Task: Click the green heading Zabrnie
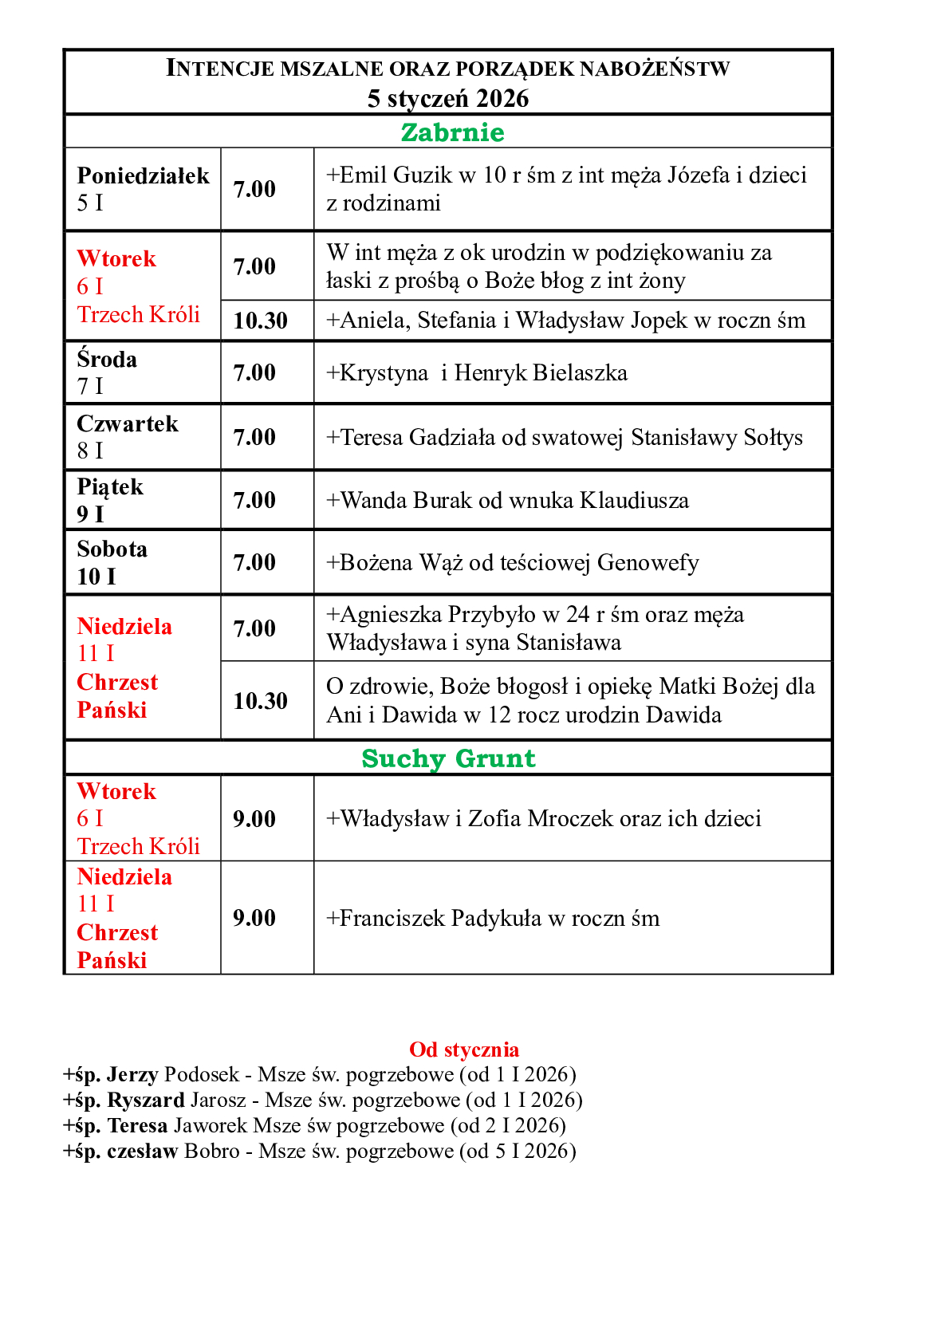coord(452,132)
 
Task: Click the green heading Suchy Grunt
coord(448,758)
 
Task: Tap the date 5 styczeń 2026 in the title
coord(448,98)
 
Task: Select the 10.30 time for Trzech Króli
coord(260,321)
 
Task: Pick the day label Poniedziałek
coord(143,175)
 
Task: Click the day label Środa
coord(107,360)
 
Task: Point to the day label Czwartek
coord(128,423)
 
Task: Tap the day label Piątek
coord(110,486)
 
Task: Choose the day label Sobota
coord(112,549)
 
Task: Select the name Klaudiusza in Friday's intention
coord(634,500)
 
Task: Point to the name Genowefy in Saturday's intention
coord(648,562)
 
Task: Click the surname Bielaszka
coord(580,372)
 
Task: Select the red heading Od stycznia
coord(463,1049)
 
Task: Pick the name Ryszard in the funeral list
coord(146,1100)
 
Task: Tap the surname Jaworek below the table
coord(210,1126)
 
